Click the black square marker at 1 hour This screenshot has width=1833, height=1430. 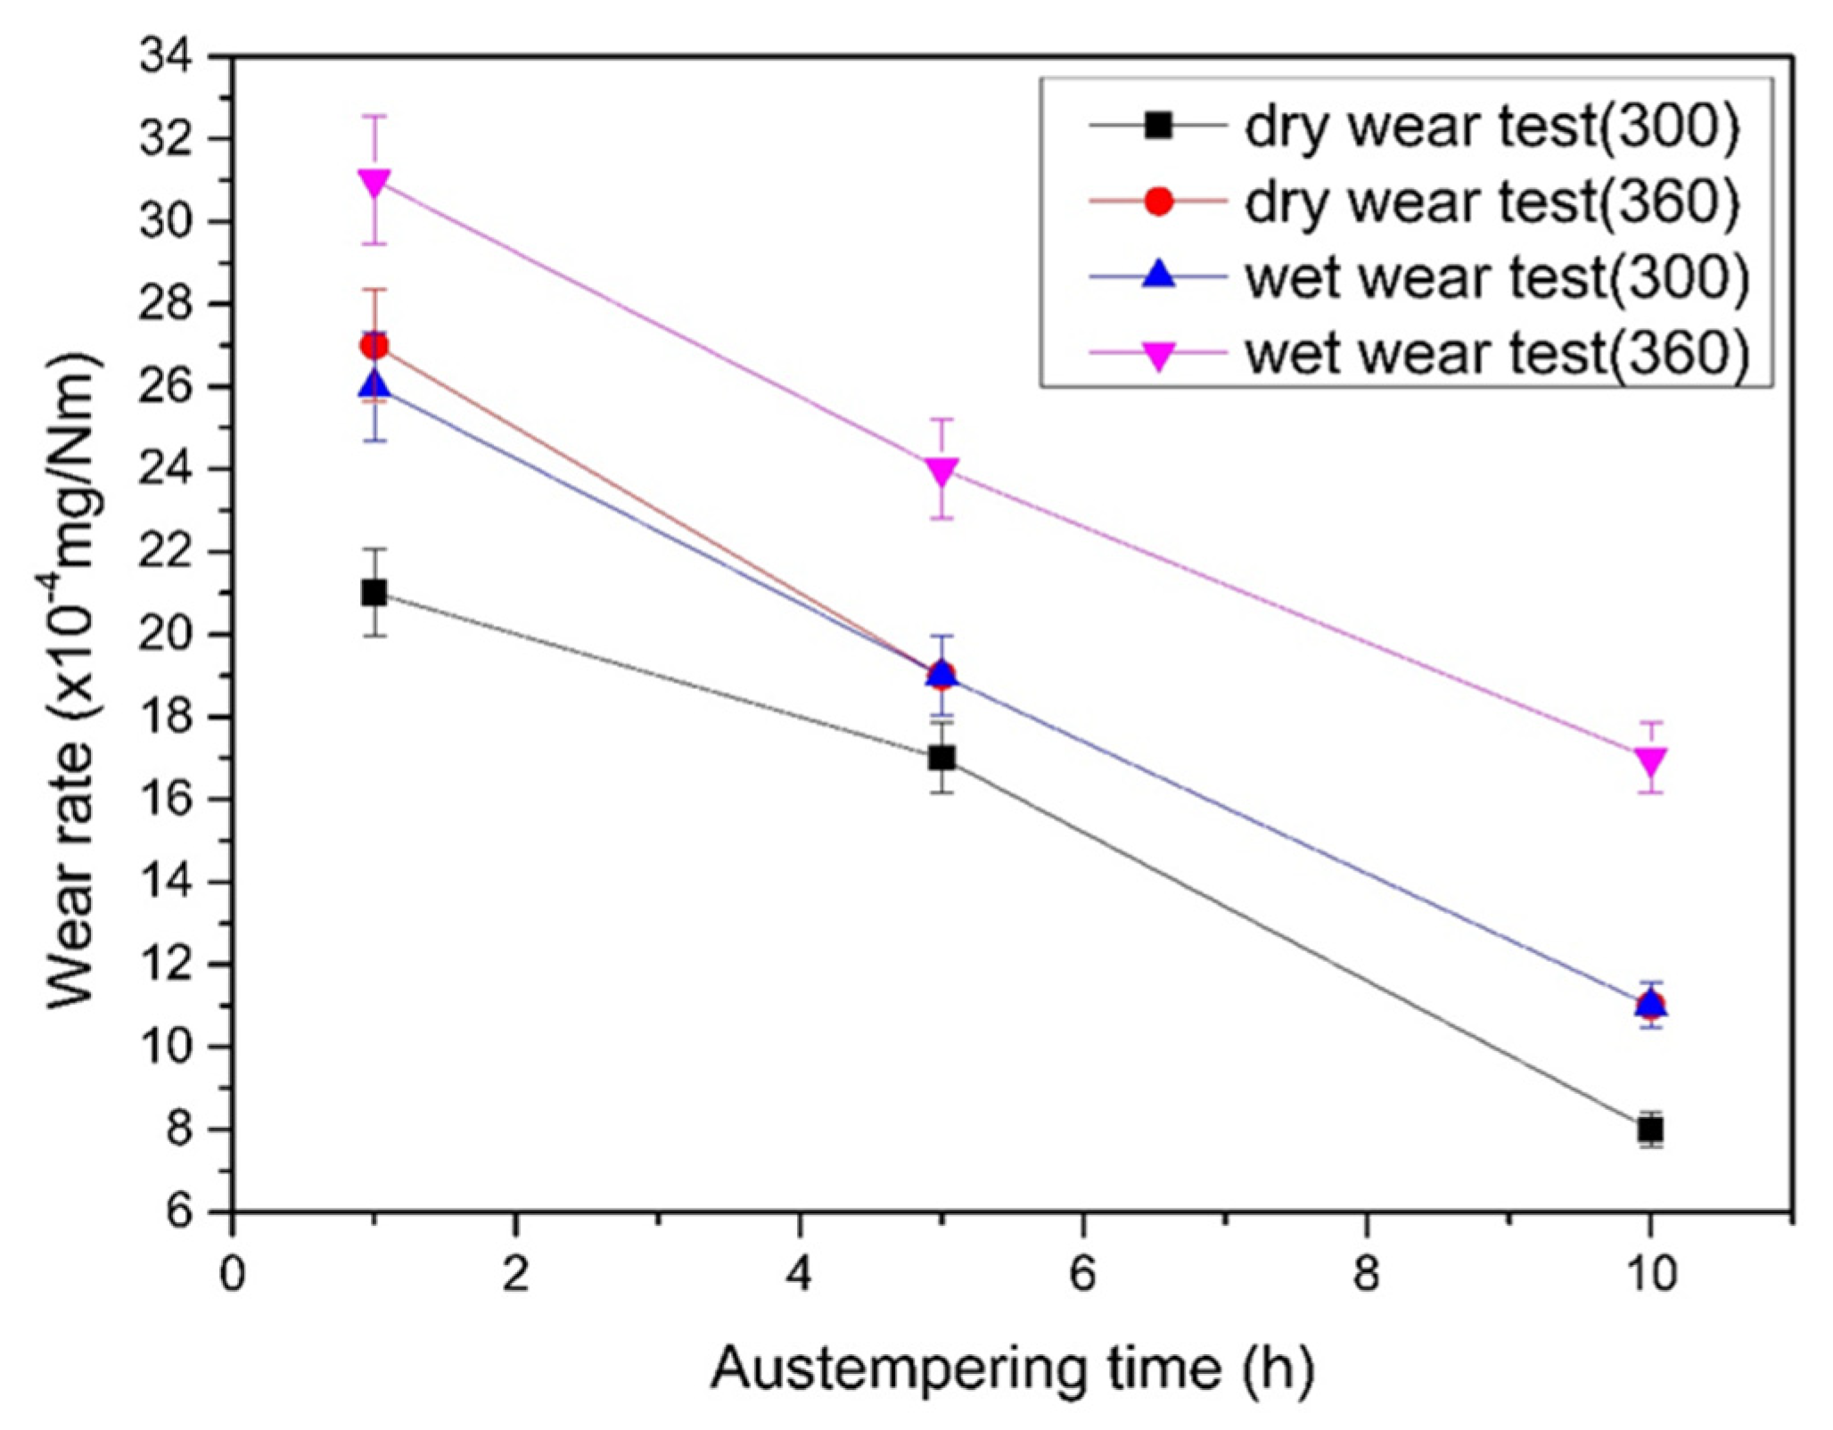[x=374, y=593]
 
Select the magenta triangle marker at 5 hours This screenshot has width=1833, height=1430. [x=941, y=472]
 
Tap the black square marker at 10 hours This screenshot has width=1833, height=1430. [x=1650, y=1130]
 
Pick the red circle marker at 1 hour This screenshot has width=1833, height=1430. [x=374, y=345]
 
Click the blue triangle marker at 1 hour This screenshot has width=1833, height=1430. [x=374, y=383]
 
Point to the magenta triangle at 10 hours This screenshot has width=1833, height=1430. [x=1650, y=762]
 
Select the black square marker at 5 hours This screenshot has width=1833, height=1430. [x=941, y=758]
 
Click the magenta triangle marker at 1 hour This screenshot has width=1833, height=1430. [x=374, y=183]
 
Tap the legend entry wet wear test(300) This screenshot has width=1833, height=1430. [x=1418, y=278]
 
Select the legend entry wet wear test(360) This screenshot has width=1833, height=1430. [x=1418, y=354]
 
